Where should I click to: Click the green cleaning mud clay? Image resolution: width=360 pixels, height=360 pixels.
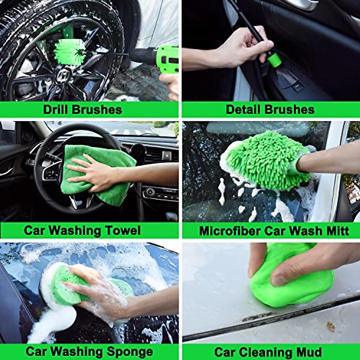pyautogui.click(x=294, y=288)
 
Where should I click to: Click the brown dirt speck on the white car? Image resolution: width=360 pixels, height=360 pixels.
pyautogui.click(x=330, y=327)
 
